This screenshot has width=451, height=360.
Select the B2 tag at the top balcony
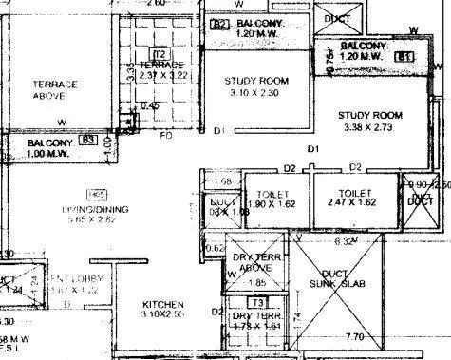(220, 23)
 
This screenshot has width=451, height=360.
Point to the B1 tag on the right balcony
(405, 57)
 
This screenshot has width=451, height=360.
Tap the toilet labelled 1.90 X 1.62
(265, 198)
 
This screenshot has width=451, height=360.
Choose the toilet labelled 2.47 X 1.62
(348, 198)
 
